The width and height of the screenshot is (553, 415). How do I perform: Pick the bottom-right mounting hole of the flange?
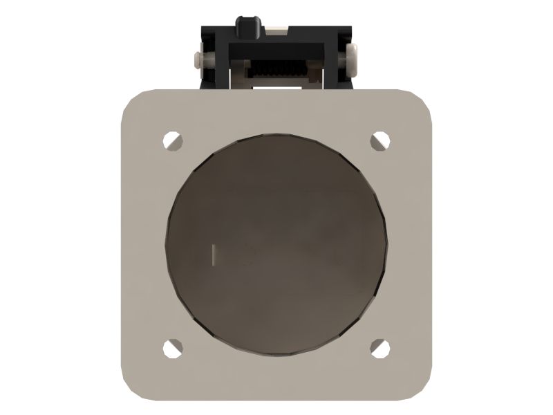pyautogui.click(x=379, y=348)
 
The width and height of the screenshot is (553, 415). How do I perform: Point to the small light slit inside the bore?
pyautogui.click(x=214, y=254)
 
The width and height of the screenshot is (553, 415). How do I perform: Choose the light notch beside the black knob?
pyautogui.click(x=277, y=28)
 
